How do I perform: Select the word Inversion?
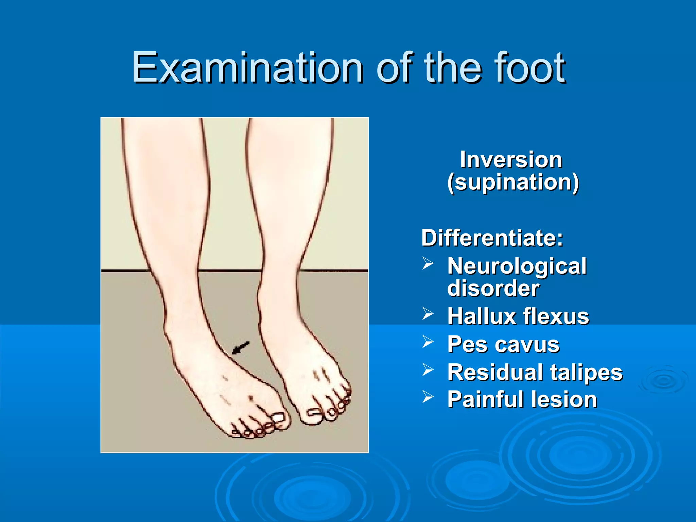pos(511,159)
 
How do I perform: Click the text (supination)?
pos(513,182)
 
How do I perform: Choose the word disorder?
pos(493,288)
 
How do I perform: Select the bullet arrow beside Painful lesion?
pos(428,397)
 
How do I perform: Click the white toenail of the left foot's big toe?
pos(279,417)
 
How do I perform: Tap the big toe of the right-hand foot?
pos(312,416)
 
